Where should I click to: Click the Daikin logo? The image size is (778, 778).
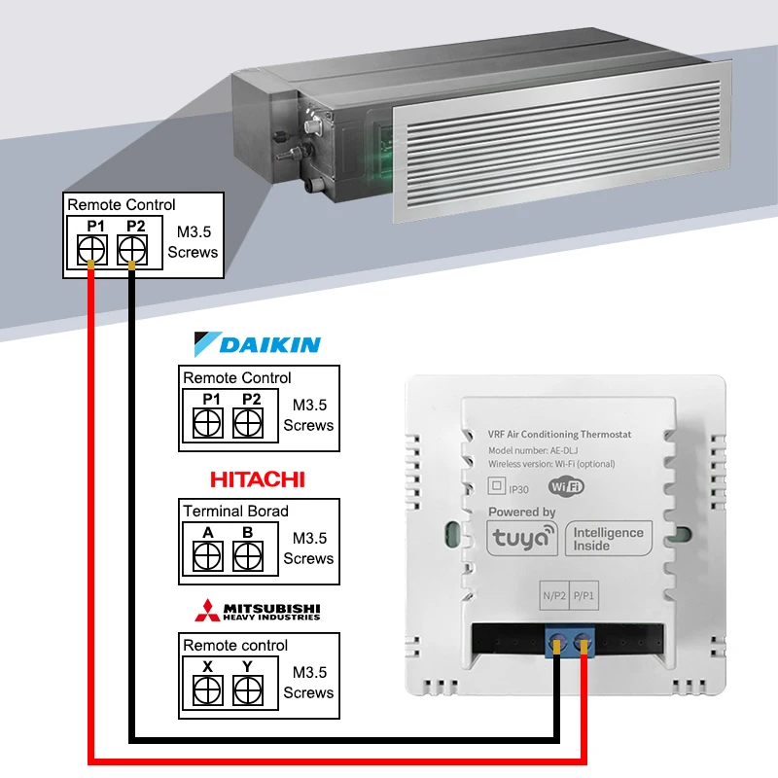point(258,344)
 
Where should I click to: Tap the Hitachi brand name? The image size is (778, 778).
point(258,478)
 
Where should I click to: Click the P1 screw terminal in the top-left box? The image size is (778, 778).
point(92,251)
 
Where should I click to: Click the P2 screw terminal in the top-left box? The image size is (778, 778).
point(133,251)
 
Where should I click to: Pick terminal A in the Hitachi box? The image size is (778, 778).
point(208,555)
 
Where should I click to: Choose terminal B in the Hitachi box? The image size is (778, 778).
point(248,555)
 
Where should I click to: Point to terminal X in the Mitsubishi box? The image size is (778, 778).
point(208,690)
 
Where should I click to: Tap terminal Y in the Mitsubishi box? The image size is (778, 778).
point(248,690)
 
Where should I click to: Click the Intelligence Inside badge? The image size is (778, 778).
point(608,538)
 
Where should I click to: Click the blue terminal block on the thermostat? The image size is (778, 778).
point(570,639)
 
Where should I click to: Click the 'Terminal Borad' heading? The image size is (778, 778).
point(235,511)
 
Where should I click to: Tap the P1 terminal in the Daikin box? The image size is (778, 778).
point(208,422)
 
